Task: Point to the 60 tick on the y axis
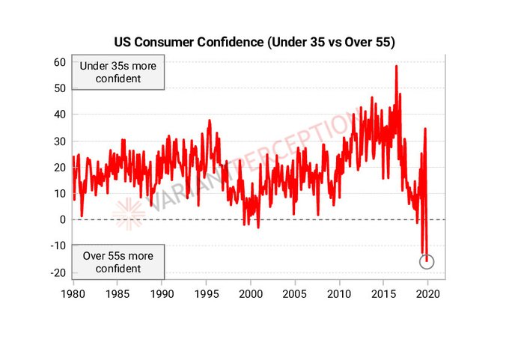click(60, 61)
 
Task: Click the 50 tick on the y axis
click(60, 88)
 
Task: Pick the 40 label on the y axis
click(60, 115)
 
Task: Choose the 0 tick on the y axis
click(63, 219)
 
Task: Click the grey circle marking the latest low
click(427, 261)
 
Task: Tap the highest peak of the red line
click(396, 67)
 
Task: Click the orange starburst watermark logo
click(129, 213)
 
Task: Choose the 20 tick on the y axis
click(60, 167)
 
